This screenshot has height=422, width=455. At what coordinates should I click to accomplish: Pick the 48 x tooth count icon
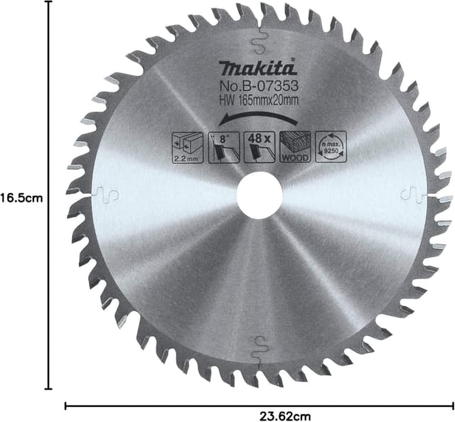click(x=259, y=146)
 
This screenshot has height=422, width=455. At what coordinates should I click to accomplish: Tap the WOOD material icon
click(x=294, y=146)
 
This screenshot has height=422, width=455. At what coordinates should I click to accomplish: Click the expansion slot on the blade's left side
click(x=105, y=193)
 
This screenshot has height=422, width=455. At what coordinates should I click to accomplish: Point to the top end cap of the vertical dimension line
click(x=48, y=2)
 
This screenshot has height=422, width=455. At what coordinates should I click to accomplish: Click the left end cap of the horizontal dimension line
click(x=65, y=406)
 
